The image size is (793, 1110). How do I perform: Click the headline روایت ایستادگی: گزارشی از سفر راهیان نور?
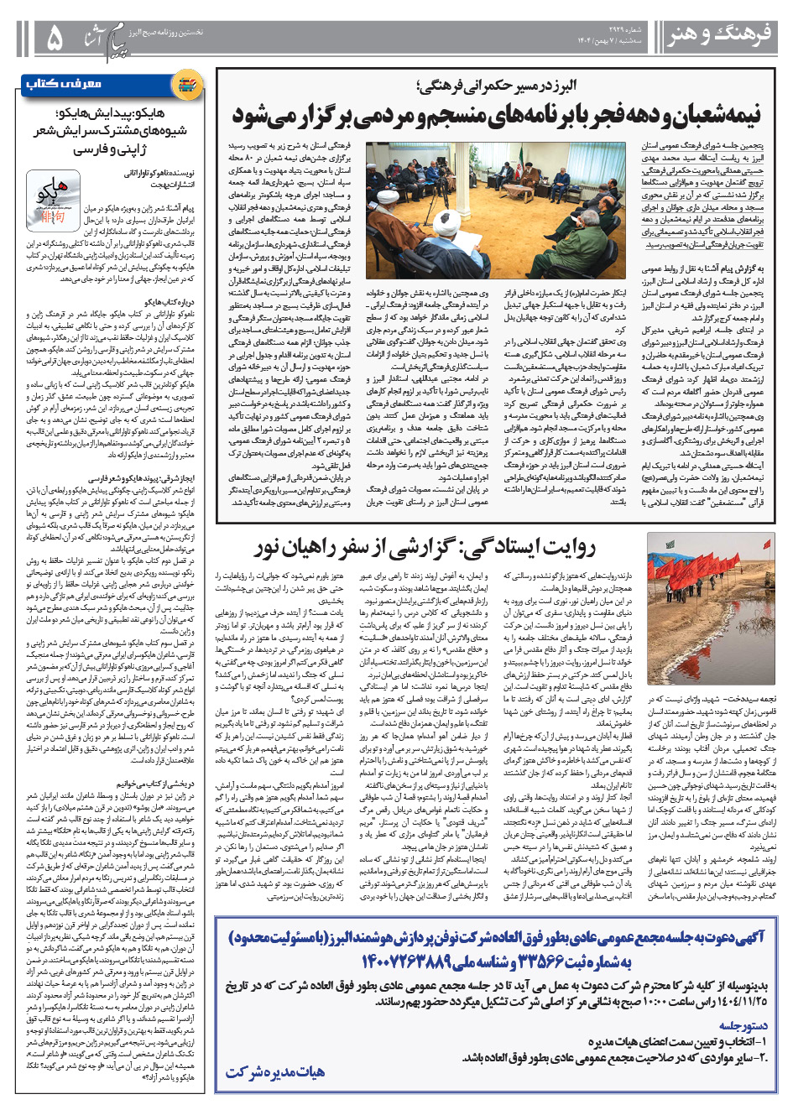(425, 548)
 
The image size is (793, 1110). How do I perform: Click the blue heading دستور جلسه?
(742, 1025)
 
